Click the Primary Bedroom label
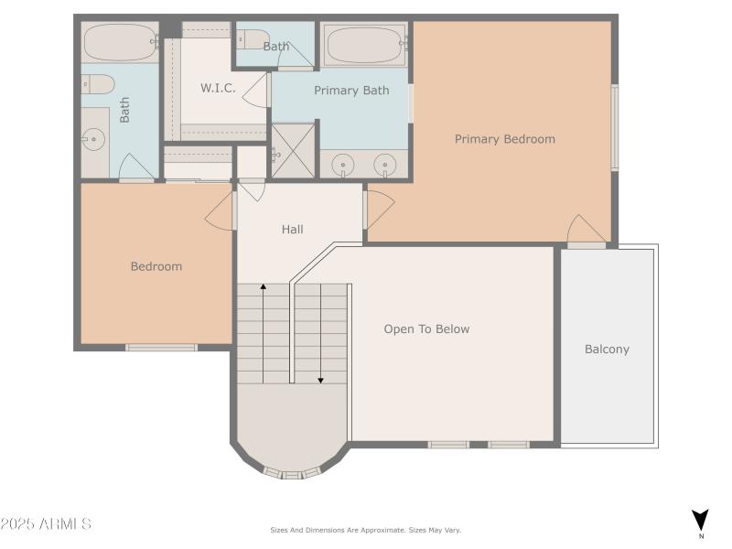(x=504, y=139)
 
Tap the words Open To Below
(x=426, y=328)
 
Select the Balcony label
(x=607, y=349)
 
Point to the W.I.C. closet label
(x=218, y=88)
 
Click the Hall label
(x=292, y=229)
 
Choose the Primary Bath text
(x=351, y=90)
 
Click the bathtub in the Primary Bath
(x=364, y=44)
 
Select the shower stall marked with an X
(x=293, y=151)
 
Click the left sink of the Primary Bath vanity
(x=344, y=165)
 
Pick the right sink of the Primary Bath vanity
(x=387, y=165)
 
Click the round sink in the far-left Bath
(x=93, y=139)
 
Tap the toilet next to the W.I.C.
(x=251, y=39)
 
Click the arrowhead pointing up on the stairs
(x=264, y=287)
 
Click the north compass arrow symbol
(x=700, y=519)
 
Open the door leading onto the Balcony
(x=586, y=243)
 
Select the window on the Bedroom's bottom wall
(x=161, y=347)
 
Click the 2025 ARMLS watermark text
(x=46, y=524)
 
